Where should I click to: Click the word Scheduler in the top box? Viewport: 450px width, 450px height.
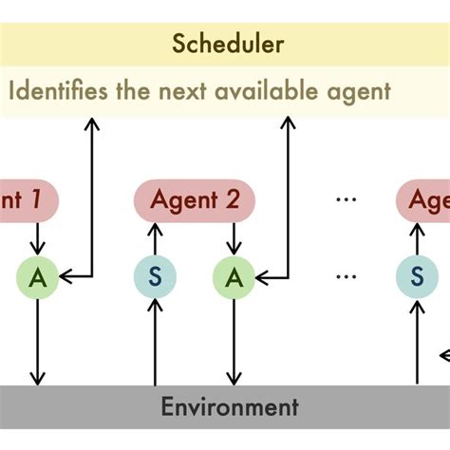pos(228,44)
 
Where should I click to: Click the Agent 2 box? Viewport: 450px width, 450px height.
pos(192,199)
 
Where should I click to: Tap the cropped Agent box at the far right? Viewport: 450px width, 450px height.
pos(423,199)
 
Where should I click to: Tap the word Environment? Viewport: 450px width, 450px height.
pos(229,407)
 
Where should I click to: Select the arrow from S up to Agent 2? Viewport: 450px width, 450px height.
pos(154,239)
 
